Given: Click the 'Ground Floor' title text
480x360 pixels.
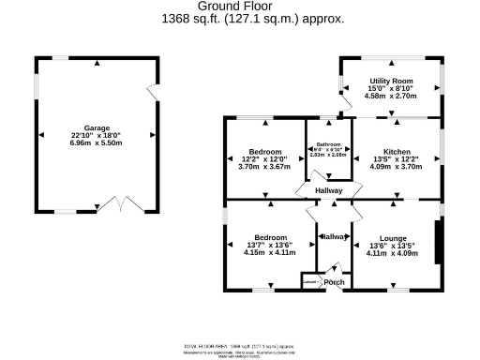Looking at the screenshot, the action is click(x=240, y=6).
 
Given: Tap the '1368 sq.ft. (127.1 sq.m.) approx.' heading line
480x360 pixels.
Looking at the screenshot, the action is click(x=240, y=18).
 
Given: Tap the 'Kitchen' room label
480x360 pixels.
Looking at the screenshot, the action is click(x=397, y=151).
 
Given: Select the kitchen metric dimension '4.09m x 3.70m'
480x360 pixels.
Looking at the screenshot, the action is click(x=397, y=166).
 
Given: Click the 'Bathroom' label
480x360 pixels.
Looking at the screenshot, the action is click(x=328, y=144).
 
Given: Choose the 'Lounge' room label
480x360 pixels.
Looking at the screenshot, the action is click(x=394, y=238).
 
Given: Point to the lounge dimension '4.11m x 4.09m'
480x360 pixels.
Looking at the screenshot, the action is click(x=394, y=252).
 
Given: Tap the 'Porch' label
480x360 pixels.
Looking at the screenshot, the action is click(x=334, y=282).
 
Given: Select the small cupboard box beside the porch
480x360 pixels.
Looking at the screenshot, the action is click(x=309, y=280).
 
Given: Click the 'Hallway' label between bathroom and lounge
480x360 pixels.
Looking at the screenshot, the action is click(x=329, y=191).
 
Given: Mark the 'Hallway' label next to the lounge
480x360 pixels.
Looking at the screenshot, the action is click(x=333, y=237).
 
